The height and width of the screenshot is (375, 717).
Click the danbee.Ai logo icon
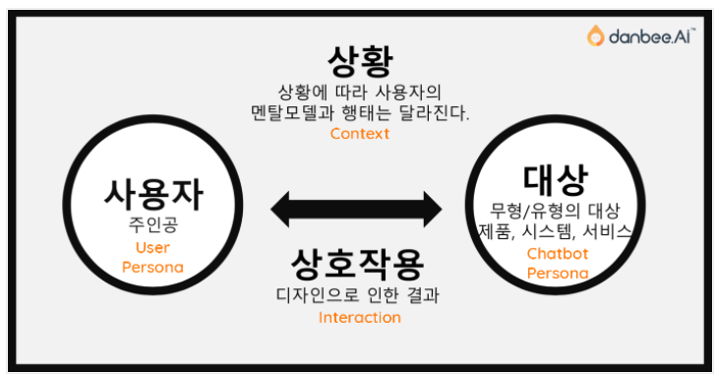(x=595, y=35)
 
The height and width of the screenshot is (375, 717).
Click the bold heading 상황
(x=360, y=61)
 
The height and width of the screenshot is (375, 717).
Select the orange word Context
(x=359, y=134)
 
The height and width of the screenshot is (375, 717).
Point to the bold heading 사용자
(x=152, y=195)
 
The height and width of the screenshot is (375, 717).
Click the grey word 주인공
(x=153, y=224)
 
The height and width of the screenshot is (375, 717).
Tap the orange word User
(x=152, y=248)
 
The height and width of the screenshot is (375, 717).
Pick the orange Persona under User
(x=152, y=267)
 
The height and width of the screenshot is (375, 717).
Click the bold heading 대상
(x=555, y=180)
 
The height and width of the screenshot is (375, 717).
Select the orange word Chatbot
(x=558, y=254)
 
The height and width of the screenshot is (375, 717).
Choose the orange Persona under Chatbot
(x=558, y=274)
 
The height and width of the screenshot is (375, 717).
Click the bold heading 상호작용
(x=358, y=264)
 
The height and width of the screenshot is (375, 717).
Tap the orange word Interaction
(x=359, y=318)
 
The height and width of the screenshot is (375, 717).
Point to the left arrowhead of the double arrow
(x=280, y=210)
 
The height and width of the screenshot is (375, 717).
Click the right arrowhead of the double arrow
(x=433, y=210)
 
